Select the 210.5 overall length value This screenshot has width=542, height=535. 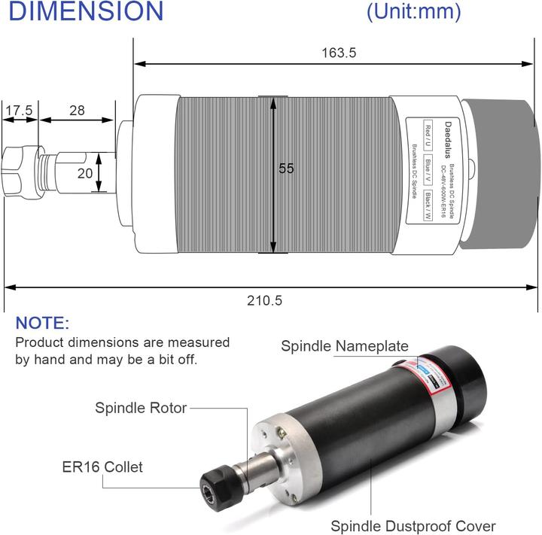pyautogui.click(x=264, y=300)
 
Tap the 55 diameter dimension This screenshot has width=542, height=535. pyautogui.click(x=286, y=169)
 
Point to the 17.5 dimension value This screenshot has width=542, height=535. pyautogui.click(x=19, y=111)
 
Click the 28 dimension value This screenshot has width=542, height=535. pyautogui.click(x=77, y=111)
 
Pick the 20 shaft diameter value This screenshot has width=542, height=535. pyautogui.click(x=86, y=172)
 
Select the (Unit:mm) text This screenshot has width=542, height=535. pyautogui.click(x=413, y=12)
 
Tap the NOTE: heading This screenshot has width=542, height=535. pyautogui.click(x=42, y=324)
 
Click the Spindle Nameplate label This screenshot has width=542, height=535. pyautogui.click(x=345, y=346)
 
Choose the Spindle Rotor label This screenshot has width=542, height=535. pyautogui.click(x=141, y=409)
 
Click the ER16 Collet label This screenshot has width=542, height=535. pyautogui.click(x=102, y=467)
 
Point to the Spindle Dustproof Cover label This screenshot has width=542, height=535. pyautogui.click(x=413, y=525)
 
